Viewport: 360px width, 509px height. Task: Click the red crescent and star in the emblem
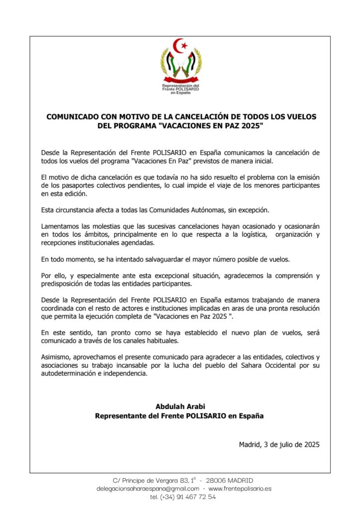tap(181, 46)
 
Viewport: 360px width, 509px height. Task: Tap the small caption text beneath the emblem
tap(180, 89)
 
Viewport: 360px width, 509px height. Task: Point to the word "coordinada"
tap(61, 308)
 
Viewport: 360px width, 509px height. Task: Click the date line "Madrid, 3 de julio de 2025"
tap(279, 444)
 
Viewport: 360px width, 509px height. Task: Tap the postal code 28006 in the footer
tap(217, 480)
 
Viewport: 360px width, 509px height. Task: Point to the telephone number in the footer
tap(182, 496)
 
